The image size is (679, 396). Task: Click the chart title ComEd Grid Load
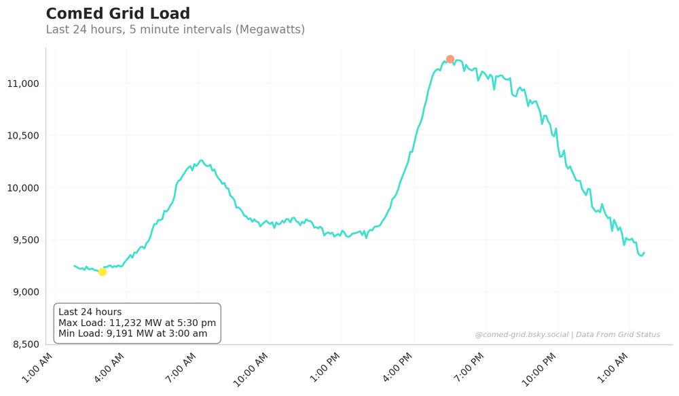tap(117, 14)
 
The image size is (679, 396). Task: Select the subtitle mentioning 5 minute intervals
tap(175, 30)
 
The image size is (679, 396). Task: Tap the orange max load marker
tap(450, 59)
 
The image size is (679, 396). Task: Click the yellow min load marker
tap(103, 272)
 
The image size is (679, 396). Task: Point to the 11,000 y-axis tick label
tap(24, 84)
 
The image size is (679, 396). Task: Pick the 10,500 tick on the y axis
tap(24, 136)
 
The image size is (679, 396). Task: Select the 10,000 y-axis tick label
tap(24, 188)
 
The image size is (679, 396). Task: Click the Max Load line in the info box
tap(137, 323)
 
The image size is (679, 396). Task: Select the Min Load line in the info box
tap(133, 334)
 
